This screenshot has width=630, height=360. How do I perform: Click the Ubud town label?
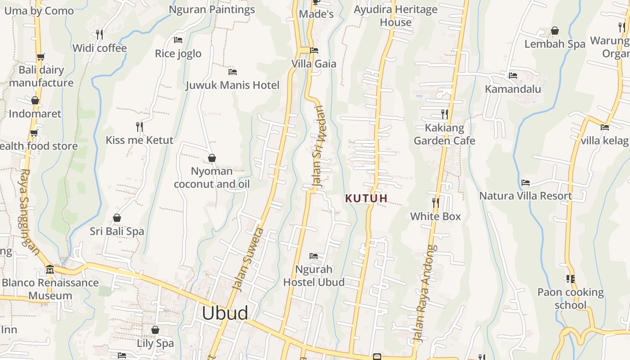(225, 313)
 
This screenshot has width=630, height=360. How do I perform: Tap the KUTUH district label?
(366, 198)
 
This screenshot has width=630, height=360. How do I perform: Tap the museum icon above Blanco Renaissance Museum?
(50, 269)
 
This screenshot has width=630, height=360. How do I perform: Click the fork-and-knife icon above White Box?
(436, 203)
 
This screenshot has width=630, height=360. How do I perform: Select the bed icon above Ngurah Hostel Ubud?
(314, 256)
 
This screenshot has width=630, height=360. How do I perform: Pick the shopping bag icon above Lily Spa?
(155, 330)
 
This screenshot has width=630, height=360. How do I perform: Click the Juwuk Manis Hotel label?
(233, 85)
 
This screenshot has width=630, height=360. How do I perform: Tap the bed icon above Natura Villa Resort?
(525, 183)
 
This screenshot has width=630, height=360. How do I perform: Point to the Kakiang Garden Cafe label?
(444, 134)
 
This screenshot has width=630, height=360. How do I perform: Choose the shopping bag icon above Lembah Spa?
(555, 31)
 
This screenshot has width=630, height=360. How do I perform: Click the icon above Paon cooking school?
(571, 279)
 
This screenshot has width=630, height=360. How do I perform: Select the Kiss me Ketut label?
(139, 140)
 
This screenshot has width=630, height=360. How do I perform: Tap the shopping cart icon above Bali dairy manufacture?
(41, 57)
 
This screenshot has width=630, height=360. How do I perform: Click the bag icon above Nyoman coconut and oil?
(212, 158)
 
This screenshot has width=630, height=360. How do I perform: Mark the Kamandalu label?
(513, 89)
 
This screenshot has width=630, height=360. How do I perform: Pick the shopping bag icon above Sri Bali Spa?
(117, 218)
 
